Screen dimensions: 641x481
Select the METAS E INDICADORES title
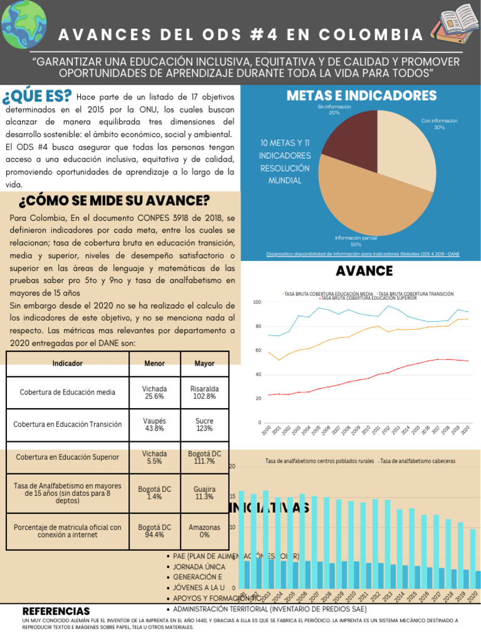[x=361, y=96]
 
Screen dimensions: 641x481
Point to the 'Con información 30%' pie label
[x=439, y=123]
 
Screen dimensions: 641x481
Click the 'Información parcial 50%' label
[x=356, y=241]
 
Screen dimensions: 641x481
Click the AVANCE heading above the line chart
[x=364, y=271]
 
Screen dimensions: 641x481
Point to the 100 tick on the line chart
[x=257, y=302]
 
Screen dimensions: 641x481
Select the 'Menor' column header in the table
[x=154, y=363]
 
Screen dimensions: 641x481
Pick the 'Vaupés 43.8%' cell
[x=154, y=424]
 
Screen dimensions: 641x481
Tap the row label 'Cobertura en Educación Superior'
[x=67, y=457]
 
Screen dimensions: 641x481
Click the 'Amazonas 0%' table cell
[x=204, y=531]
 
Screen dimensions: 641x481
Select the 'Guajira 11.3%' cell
[x=204, y=493]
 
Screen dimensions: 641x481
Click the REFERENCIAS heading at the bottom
[x=56, y=611]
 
